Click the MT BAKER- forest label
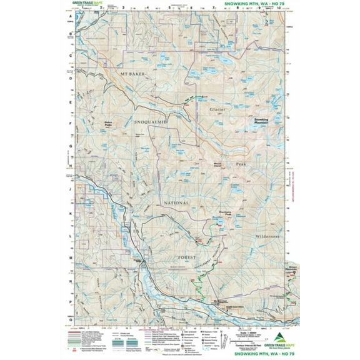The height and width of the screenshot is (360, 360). pos(132,74)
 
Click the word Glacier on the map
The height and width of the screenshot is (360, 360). pos(216,109)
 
